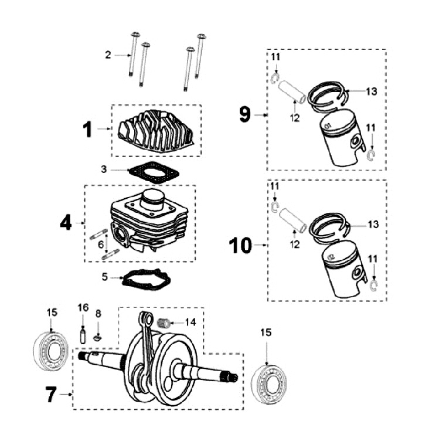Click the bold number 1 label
coord(87,130)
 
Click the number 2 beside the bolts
coord(108,55)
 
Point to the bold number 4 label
coord(66,222)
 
